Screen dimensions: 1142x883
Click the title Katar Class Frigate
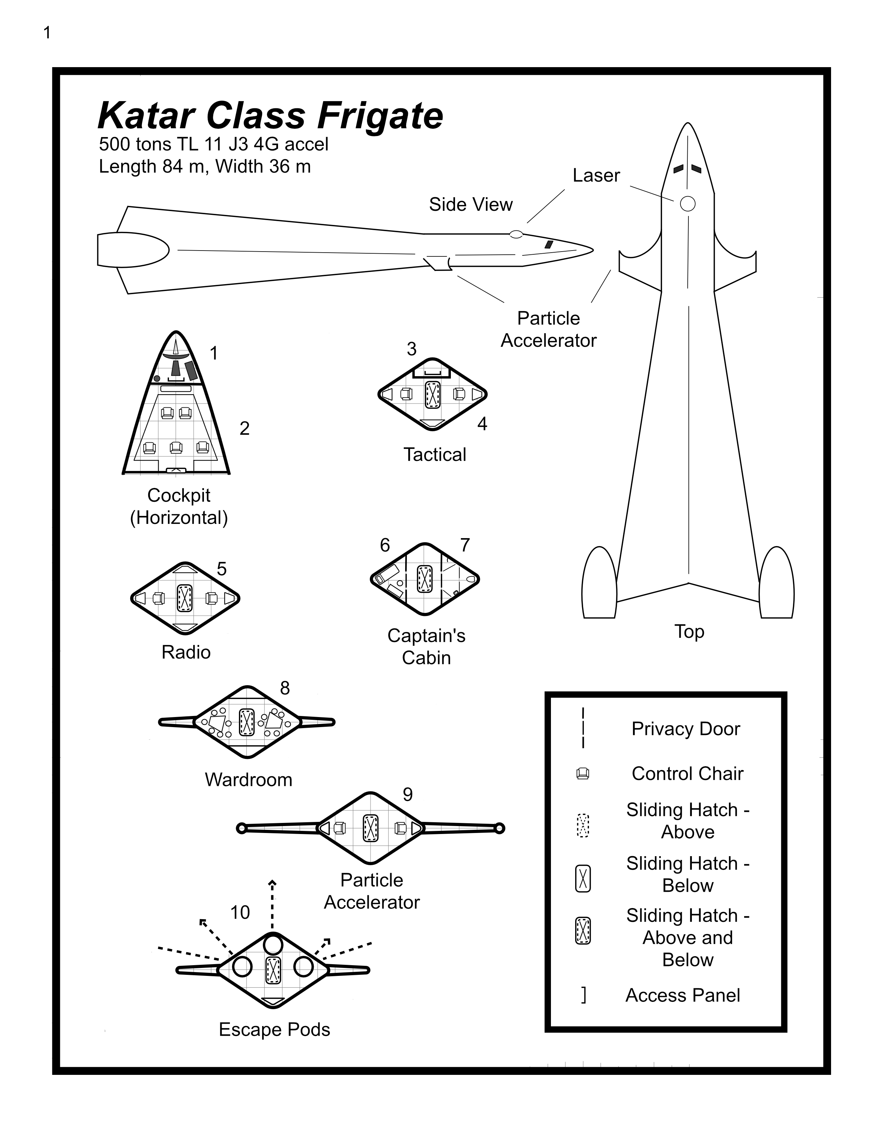pyautogui.click(x=270, y=116)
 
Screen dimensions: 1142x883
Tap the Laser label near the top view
pyautogui.click(x=596, y=175)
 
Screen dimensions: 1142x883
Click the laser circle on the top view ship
pyautogui.click(x=687, y=204)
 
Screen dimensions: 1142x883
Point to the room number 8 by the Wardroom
pyautogui.click(x=285, y=688)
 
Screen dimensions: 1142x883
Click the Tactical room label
pyautogui.click(x=434, y=454)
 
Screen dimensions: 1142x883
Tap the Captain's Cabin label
pyautogui.click(x=426, y=646)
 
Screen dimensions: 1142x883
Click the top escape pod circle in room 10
pyautogui.click(x=273, y=945)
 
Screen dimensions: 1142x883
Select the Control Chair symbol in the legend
pyautogui.click(x=583, y=774)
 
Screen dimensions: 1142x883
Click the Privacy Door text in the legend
pyautogui.click(x=685, y=729)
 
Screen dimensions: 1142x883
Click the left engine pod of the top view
pyautogui.click(x=599, y=583)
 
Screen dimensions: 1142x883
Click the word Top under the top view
pyautogui.click(x=689, y=632)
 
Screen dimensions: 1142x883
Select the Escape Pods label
pyautogui.click(x=274, y=1030)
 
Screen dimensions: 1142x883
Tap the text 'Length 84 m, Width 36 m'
pyautogui.click(x=205, y=166)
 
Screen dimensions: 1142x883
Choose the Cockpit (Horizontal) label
pyautogui.click(x=179, y=506)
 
